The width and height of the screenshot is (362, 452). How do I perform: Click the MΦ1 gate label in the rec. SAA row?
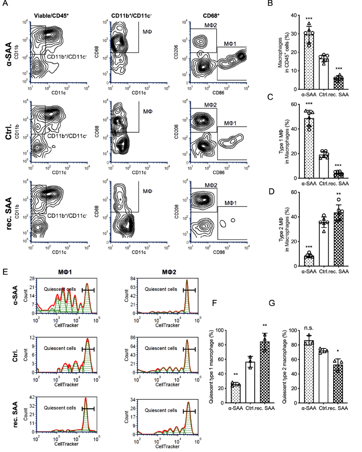coord(231,203)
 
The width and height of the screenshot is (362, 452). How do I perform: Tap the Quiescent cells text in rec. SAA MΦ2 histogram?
coord(161,410)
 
